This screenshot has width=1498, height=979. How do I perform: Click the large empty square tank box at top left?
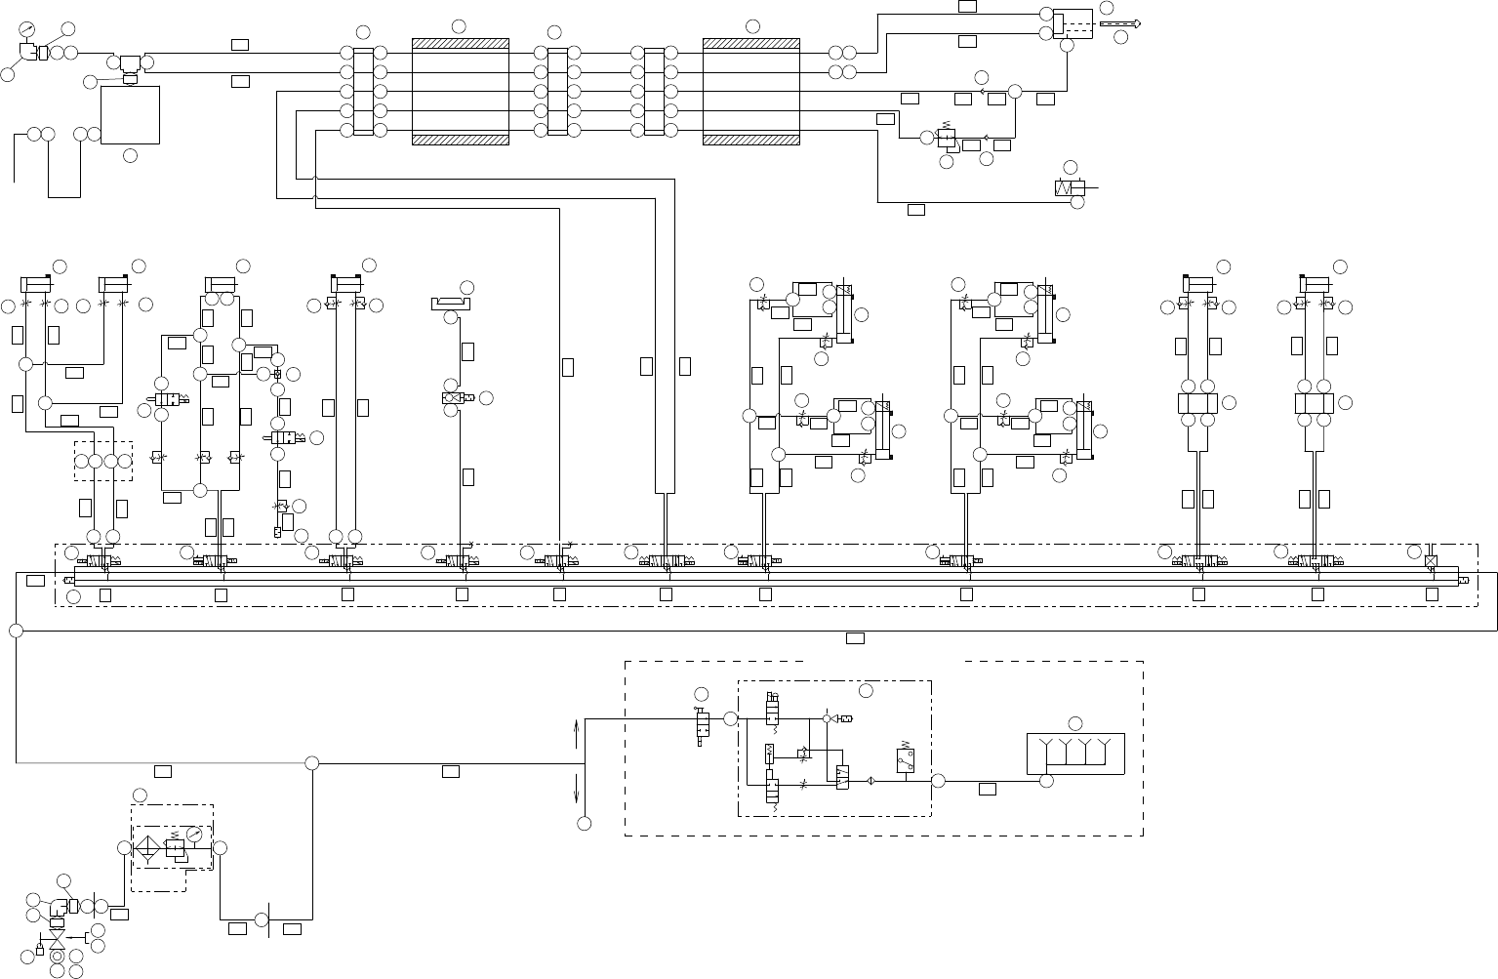[x=130, y=115]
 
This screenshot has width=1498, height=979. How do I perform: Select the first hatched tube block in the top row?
[x=461, y=92]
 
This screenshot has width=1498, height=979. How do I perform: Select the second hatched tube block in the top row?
[x=751, y=92]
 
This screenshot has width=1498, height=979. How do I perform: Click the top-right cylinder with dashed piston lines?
[x=1073, y=23]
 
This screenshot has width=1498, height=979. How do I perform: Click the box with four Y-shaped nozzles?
[x=1075, y=754]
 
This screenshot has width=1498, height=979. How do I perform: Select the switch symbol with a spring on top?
[x=905, y=760]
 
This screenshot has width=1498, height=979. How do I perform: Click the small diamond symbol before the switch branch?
[x=870, y=781]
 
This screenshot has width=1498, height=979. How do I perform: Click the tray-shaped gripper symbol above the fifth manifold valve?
[x=451, y=304]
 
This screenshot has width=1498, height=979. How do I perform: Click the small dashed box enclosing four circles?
[x=102, y=461]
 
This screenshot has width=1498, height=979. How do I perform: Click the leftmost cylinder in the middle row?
[x=36, y=284]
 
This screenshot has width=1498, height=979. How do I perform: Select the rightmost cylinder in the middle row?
[x=1316, y=284]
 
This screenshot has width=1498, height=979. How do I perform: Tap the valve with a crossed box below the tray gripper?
[x=453, y=398]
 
